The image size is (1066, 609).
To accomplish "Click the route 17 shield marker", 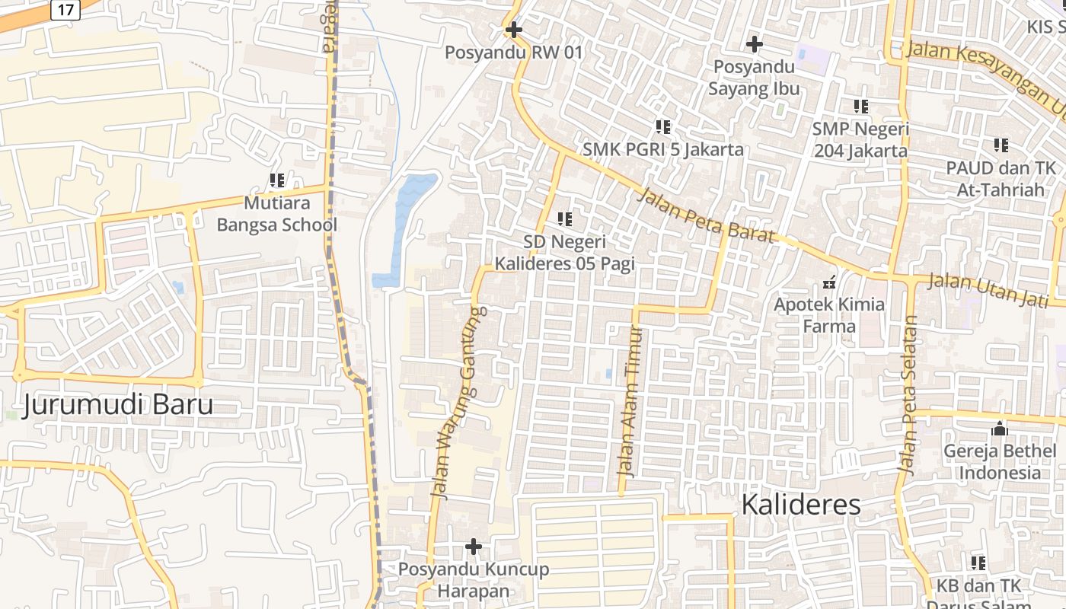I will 65,10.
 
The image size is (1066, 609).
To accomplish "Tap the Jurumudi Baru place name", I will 117,405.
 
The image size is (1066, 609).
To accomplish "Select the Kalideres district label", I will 800,504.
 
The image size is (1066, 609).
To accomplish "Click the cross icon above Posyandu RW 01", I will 514,30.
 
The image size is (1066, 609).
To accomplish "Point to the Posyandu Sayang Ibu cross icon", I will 754,44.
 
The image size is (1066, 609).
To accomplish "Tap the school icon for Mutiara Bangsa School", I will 277,180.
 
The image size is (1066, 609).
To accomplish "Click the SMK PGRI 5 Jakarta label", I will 662,148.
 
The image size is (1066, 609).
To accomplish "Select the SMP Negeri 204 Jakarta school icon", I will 861,107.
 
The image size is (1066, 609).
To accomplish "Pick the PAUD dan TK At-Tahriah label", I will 1000,178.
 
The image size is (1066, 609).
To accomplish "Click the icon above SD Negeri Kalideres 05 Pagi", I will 564,219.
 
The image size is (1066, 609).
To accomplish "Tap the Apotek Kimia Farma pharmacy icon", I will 829,282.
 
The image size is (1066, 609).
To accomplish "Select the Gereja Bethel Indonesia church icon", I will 1000,429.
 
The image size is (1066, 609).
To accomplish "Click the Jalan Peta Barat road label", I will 706,215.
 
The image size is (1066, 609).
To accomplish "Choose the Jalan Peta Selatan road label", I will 908,394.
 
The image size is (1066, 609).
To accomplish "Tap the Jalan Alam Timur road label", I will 630,401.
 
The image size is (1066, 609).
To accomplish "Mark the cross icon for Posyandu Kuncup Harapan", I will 474,547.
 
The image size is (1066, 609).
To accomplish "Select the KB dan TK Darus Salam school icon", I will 978,563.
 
